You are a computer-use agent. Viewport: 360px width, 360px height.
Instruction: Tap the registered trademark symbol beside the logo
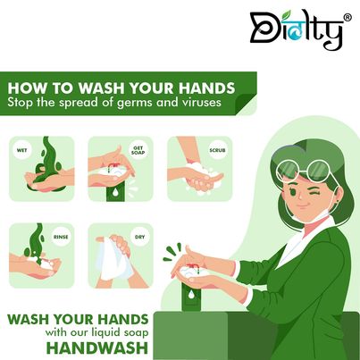(x=347, y=16)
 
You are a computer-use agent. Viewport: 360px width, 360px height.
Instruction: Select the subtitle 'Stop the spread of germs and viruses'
(x=121, y=106)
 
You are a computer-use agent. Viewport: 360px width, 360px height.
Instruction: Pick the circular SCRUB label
(x=215, y=152)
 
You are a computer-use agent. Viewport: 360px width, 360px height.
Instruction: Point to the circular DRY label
(x=138, y=238)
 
